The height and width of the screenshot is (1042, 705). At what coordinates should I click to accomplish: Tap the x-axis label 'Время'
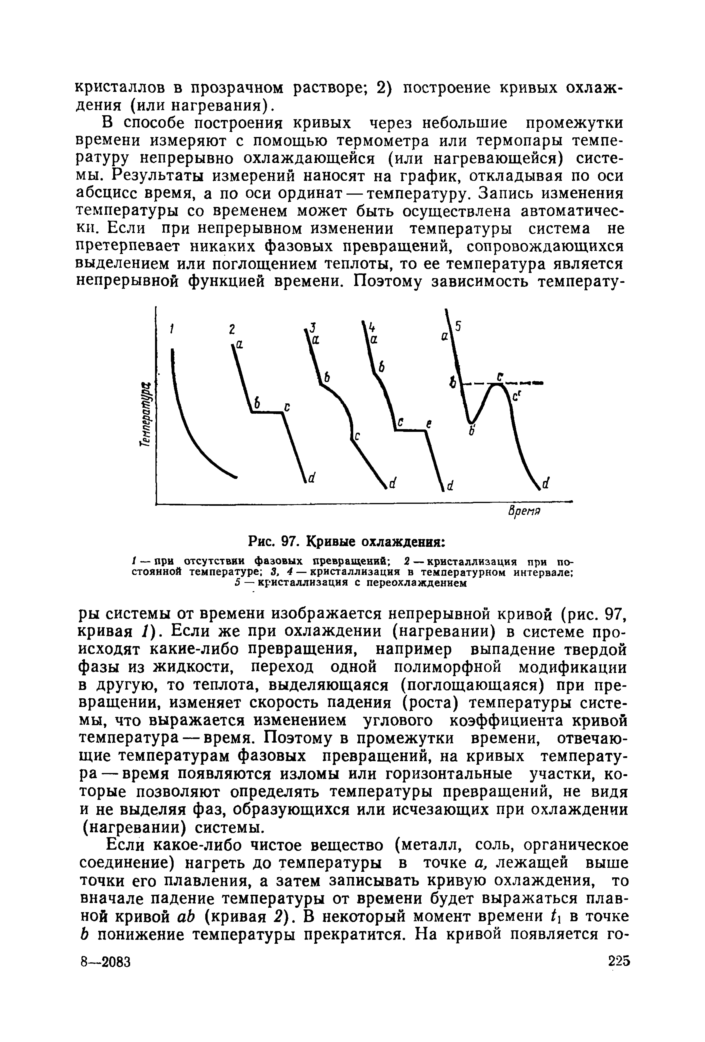coord(524,512)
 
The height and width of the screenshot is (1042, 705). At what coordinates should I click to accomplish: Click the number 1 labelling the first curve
coord(171,329)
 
